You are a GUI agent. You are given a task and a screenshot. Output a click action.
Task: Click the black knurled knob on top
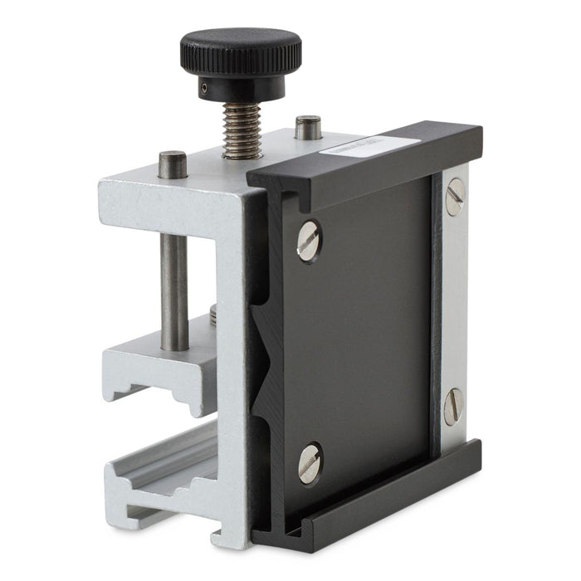241,51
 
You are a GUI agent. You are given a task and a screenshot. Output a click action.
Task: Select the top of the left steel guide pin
173,159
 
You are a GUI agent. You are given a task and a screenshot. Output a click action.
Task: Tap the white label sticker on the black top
370,149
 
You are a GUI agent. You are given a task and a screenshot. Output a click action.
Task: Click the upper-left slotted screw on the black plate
309,241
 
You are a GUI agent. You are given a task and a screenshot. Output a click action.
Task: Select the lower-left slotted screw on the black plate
310,463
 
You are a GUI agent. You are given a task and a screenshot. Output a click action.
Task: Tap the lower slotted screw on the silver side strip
453,406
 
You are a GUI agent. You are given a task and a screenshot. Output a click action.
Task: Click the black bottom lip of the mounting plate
373,498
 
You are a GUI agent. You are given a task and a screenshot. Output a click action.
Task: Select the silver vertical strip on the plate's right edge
455,307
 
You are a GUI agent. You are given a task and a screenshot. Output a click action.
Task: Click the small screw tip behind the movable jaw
213,314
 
